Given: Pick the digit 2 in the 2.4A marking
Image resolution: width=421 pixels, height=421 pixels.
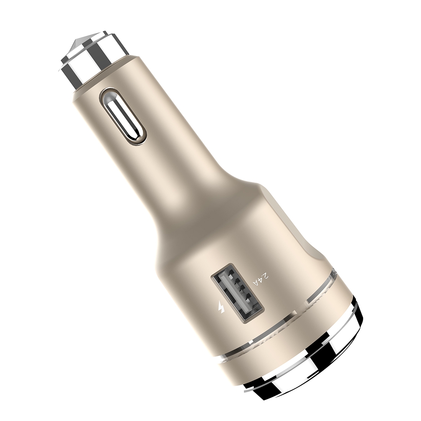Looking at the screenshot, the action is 266,276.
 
